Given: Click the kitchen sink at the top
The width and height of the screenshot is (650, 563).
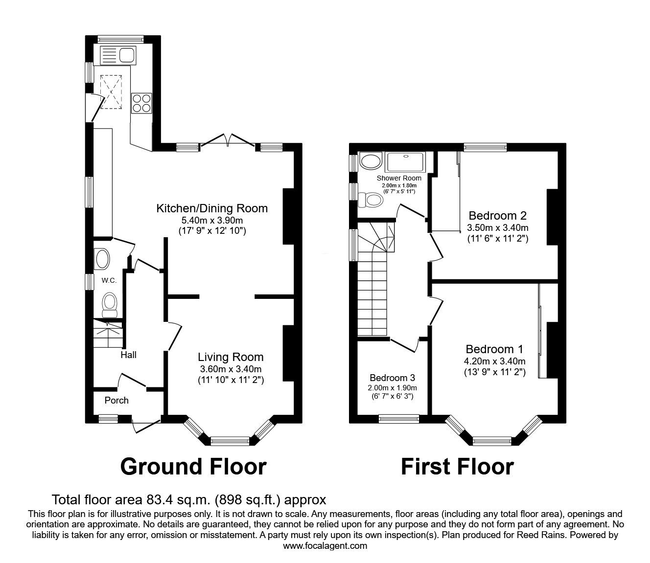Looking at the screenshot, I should pos(117,55).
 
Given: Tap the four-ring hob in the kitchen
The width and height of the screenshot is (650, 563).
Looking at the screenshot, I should pos(142,103).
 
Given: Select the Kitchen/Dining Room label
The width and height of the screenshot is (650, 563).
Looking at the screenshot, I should pos(211,208).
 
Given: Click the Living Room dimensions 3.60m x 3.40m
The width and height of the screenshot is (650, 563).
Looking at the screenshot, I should pos(231,369).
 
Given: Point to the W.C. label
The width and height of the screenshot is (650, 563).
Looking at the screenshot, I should pos(109,280).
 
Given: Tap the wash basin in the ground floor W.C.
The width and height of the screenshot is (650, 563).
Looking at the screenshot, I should pos(102,259).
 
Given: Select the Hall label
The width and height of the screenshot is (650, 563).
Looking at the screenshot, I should pos(128,355).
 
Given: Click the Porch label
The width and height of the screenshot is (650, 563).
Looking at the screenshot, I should pos(116,401).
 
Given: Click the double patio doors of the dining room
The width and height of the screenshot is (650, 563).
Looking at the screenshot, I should pos(228,140).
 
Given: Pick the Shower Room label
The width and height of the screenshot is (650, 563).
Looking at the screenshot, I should pos(399,178).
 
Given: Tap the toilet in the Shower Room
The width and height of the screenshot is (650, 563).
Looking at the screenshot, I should pos(371,200).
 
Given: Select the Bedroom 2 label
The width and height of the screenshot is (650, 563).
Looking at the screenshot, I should pos(497,216).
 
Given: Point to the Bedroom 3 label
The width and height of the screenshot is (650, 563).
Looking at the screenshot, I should pos(392,378).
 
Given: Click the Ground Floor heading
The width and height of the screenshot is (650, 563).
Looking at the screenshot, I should pos(193,466).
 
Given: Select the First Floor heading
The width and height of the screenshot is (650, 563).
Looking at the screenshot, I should pos(457,466).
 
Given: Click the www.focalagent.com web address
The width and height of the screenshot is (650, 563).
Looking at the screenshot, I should pos(325,545).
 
